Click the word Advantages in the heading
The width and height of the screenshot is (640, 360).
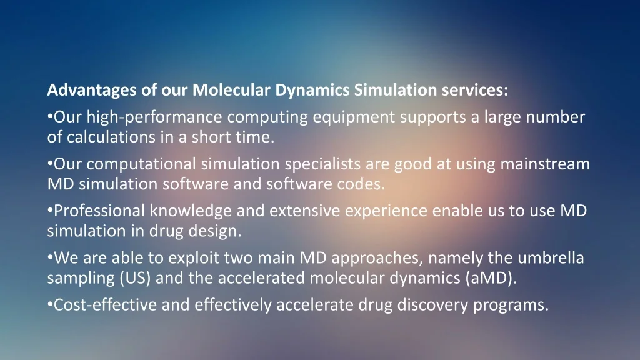92,90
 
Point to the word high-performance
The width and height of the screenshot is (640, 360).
154,117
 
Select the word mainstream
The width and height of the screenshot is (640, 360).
545,164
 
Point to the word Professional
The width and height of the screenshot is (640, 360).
99,211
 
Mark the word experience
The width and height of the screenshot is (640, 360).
386,212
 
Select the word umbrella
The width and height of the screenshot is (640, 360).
551,258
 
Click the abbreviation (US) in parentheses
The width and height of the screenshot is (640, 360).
135,278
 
